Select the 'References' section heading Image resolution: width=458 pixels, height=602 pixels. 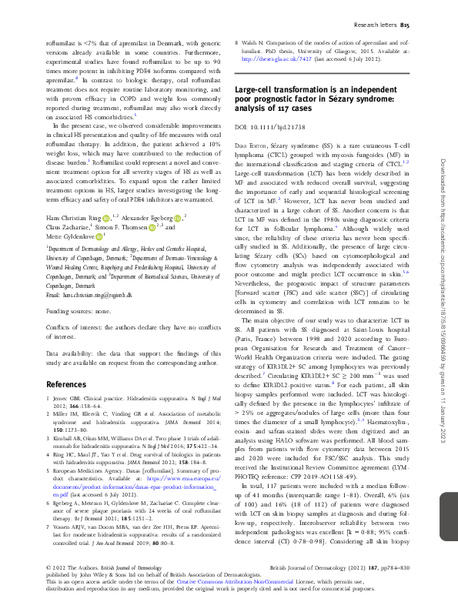(x=67, y=383)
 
